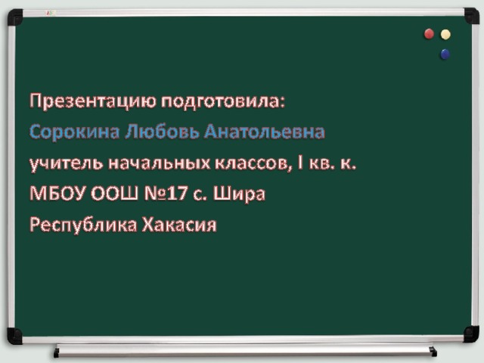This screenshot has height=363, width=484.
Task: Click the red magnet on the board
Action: [x=429, y=34]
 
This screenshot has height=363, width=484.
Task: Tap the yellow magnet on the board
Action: [x=445, y=35]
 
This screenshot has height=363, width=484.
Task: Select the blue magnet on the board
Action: [x=445, y=54]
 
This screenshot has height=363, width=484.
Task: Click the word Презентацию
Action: [x=93, y=101]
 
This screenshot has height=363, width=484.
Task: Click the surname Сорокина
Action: [x=74, y=132]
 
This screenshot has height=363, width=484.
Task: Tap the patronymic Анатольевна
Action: [x=264, y=132]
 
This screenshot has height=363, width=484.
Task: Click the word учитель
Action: [x=66, y=163]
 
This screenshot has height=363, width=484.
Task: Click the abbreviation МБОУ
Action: [x=57, y=194]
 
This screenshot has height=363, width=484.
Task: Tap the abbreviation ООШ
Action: [x=114, y=194]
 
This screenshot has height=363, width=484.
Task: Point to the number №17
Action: [x=166, y=194]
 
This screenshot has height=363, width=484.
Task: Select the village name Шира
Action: [x=239, y=194]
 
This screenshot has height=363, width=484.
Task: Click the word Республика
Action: [x=83, y=225]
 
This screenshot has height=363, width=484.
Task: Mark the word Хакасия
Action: [x=179, y=225]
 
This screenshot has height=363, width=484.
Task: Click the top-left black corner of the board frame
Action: [x=14, y=17]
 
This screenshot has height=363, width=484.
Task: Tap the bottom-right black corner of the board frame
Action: [x=471, y=334]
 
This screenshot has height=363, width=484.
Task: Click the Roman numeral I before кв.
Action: [x=300, y=163]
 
